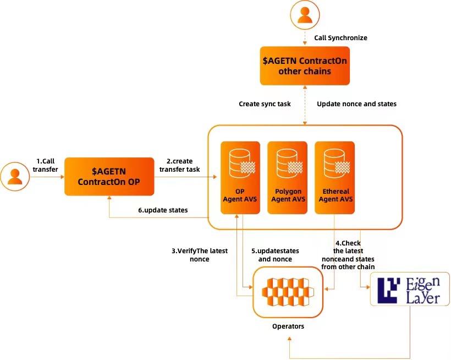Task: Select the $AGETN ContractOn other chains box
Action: pos(305,66)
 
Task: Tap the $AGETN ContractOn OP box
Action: pos(108,176)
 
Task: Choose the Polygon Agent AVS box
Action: pos(288,178)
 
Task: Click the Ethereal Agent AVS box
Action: pos(334,178)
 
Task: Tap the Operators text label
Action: pos(288,326)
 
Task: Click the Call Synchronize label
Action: pos(340,38)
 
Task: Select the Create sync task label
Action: pos(265,103)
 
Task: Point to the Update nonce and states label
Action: pos(356,103)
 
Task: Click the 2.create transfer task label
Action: pos(179,165)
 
